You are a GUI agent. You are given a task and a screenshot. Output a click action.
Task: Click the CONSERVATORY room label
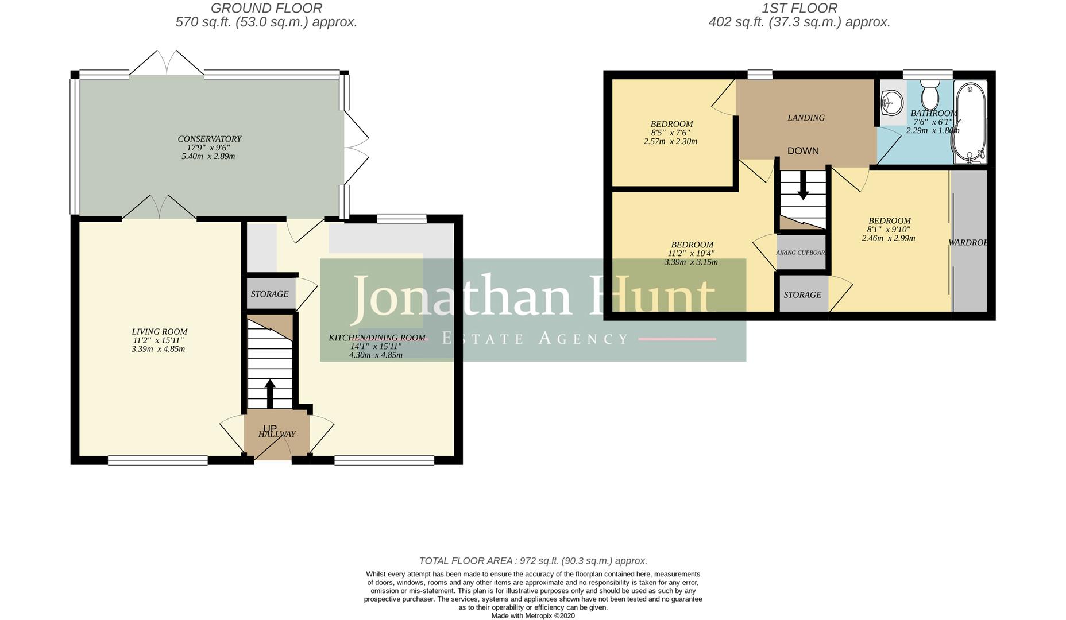pos(209,139)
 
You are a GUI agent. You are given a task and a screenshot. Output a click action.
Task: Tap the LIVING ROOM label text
pos(159,332)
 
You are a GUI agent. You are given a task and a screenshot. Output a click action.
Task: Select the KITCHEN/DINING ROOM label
pos(377,338)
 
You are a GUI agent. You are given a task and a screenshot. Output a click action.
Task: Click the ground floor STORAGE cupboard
pos(269,294)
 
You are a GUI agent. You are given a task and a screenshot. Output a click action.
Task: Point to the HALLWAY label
pos(277,435)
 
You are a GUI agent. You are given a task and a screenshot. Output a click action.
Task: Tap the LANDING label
pos(806,118)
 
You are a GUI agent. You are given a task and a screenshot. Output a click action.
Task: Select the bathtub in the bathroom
pos(970,122)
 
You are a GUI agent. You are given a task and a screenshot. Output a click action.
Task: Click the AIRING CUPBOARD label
pos(801,253)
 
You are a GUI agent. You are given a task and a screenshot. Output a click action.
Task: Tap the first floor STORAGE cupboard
pos(802,295)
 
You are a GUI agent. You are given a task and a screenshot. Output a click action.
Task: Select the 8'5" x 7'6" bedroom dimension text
pos(670,133)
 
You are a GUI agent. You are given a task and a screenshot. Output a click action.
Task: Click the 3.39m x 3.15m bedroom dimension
pos(691,262)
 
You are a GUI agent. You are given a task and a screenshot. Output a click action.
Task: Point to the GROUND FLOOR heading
pos(266,9)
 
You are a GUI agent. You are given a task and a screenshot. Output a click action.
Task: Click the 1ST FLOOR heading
pos(799,9)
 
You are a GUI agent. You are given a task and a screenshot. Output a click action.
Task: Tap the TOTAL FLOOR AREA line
pos(532,561)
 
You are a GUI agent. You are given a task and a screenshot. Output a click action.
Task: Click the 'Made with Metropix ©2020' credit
pos(532,615)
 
